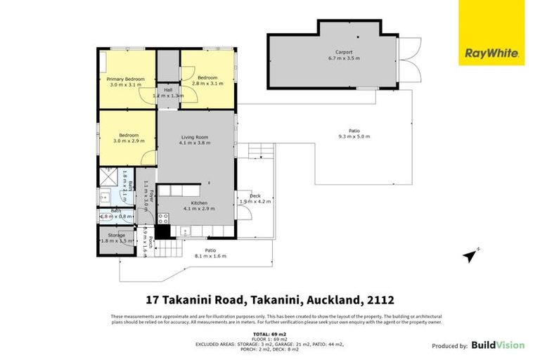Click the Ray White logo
tap(491, 53)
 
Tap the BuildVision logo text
tap(498, 345)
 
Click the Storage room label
tap(116, 236)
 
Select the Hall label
tap(168, 90)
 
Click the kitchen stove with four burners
tap(162, 218)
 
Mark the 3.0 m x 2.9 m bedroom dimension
tap(127, 141)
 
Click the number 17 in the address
tap(152, 300)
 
